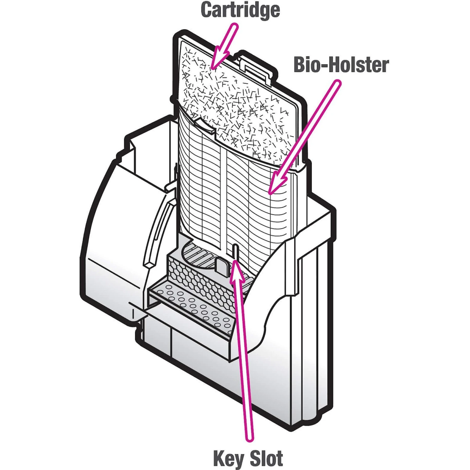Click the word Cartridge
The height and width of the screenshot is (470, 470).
click(240, 10)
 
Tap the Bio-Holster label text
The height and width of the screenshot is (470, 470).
click(341, 65)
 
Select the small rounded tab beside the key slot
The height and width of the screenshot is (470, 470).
click(223, 266)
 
